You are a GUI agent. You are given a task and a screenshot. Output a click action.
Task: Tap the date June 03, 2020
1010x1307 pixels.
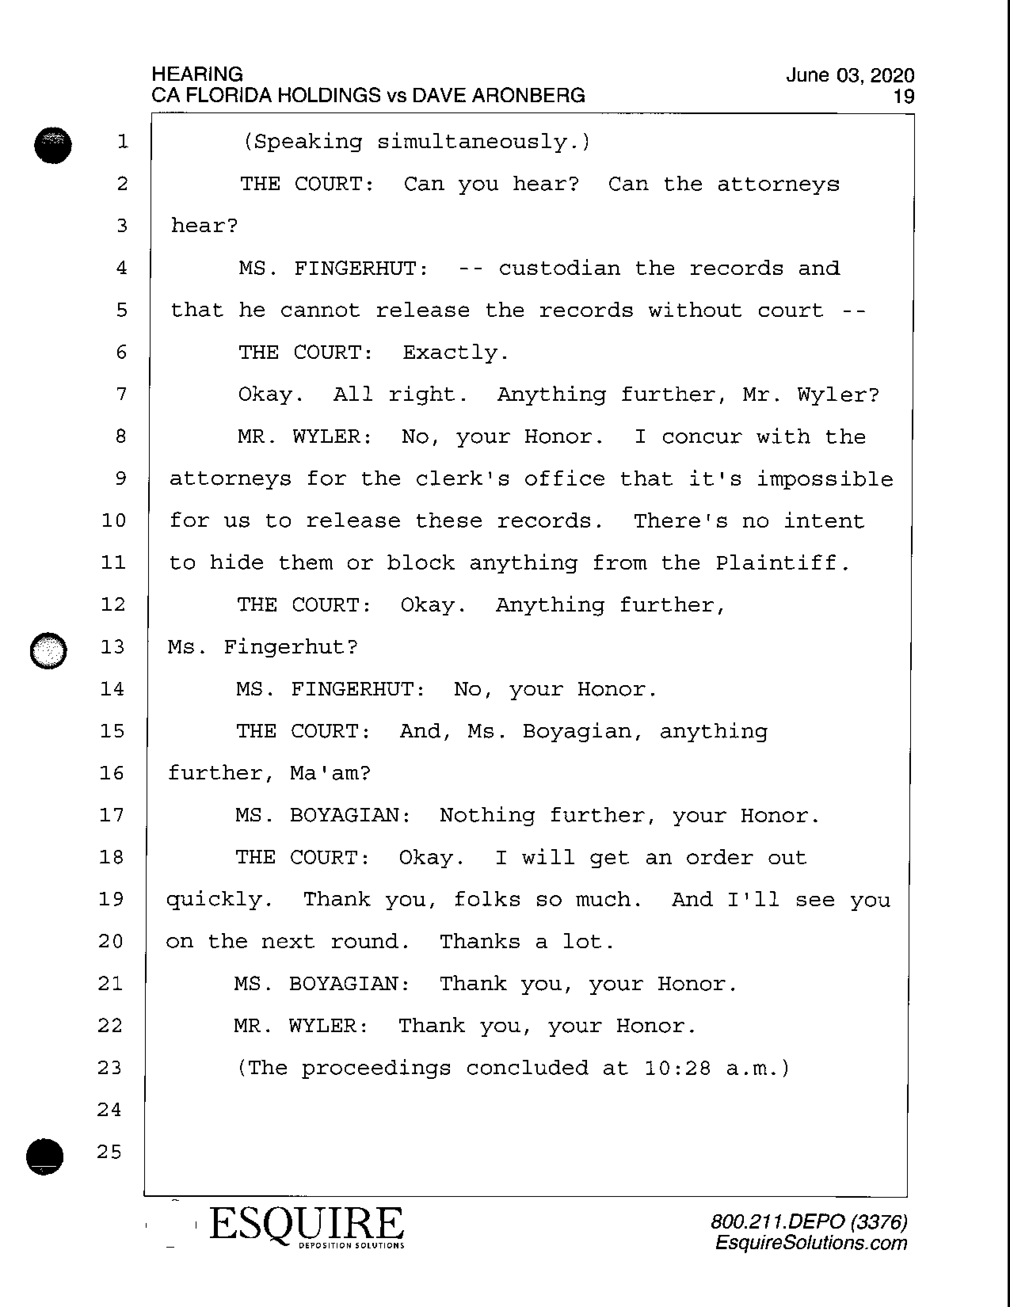pyautogui.click(x=850, y=75)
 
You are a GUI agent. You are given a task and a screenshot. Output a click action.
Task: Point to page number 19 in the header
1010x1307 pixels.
pyautogui.click(x=903, y=96)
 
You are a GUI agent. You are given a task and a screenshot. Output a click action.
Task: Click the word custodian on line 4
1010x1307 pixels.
pyautogui.click(x=559, y=268)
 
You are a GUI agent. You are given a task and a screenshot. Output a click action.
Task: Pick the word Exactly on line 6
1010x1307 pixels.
pyautogui.click(x=455, y=352)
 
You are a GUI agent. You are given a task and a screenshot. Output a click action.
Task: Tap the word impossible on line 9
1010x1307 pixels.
pyautogui.click(x=825, y=479)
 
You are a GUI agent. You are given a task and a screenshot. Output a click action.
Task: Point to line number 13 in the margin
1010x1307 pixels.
pyautogui.click(x=112, y=647)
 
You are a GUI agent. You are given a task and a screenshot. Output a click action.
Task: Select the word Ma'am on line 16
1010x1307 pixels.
pyautogui.click(x=330, y=773)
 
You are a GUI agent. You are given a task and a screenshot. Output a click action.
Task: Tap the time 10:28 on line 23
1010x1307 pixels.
pyautogui.click(x=677, y=1068)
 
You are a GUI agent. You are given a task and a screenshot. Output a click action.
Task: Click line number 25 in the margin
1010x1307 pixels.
pyautogui.click(x=109, y=1152)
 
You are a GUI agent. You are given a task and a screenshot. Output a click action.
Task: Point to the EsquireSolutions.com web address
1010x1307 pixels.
pyautogui.click(x=811, y=1243)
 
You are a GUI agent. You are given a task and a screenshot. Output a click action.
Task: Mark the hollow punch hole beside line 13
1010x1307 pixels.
pyautogui.click(x=48, y=650)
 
